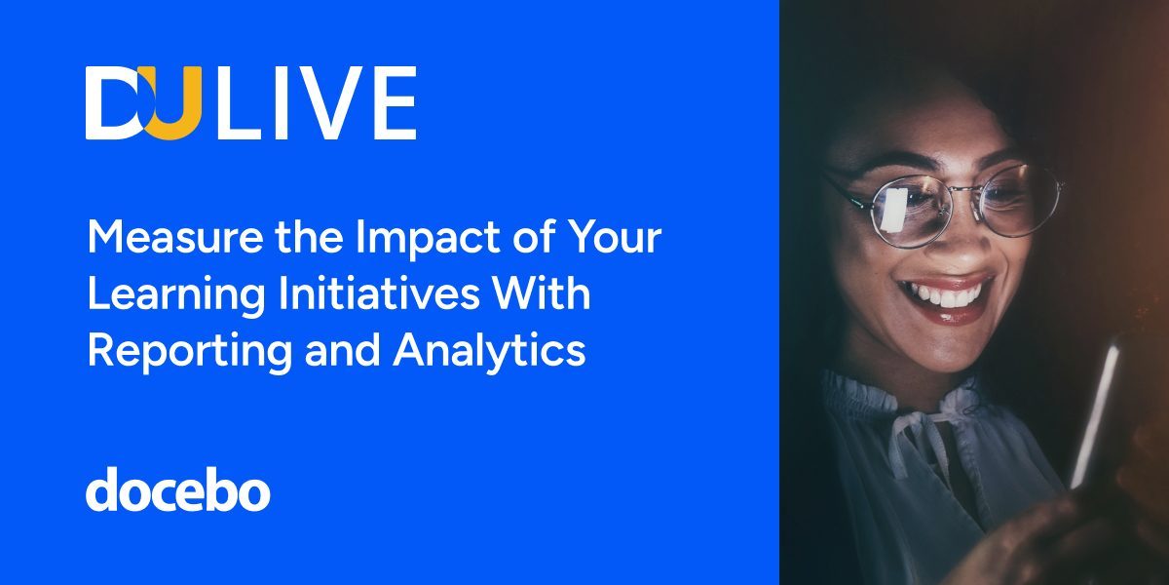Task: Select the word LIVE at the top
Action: click(x=317, y=103)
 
